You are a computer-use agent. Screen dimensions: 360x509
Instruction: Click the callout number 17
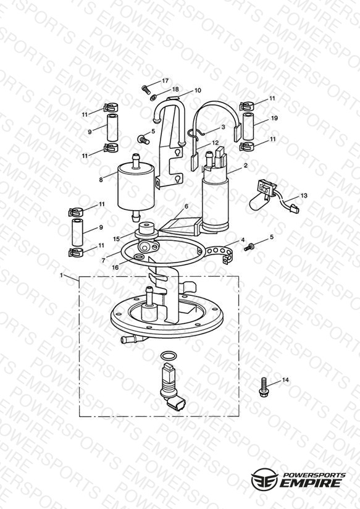pyautogui.click(x=165, y=80)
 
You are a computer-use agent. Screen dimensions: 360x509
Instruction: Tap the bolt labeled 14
pyautogui.click(x=263, y=386)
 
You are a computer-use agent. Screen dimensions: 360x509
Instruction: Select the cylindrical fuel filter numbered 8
pyautogui.click(x=136, y=188)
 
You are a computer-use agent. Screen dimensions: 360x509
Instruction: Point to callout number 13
pyautogui.click(x=304, y=196)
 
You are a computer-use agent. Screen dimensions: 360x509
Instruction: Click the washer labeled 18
pyautogui.click(x=153, y=97)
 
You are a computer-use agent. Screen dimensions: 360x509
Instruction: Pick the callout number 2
pyautogui.click(x=246, y=165)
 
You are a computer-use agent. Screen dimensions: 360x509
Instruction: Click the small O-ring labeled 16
pyautogui.click(x=138, y=258)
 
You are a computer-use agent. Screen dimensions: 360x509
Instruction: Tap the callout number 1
pyautogui.click(x=61, y=276)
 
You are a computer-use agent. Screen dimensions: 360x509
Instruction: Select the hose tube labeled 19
pyautogui.click(x=248, y=127)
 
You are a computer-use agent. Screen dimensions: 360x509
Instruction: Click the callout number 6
pyautogui.click(x=186, y=206)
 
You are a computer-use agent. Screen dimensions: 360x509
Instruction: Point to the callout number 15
pyautogui.click(x=116, y=238)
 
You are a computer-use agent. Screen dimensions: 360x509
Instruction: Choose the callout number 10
pyautogui.click(x=198, y=90)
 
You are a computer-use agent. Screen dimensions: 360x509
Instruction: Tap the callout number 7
pyautogui.click(x=103, y=260)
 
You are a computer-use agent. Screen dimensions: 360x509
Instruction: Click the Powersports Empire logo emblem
pyautogui.click(x=264, y=479)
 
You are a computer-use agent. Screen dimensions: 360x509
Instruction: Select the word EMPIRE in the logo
pyautogui.click(x=311, y=483)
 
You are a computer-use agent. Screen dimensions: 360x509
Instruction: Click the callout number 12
pyautogui.click(x=216, y=143)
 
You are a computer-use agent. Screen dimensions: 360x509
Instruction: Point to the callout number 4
pyautogui.click(x=243, y=240)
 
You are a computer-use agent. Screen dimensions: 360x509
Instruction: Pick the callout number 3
pyautogui.click(x=223, y=127)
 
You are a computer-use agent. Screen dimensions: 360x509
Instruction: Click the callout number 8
pyautogui.click(x=101, y=180)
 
